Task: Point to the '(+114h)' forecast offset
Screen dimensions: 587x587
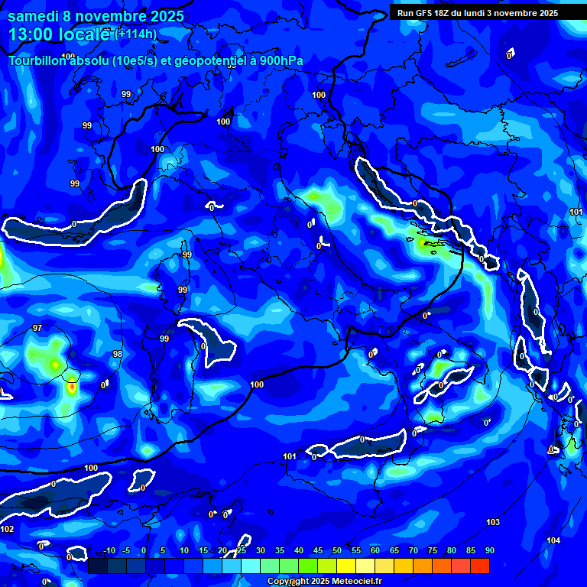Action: (136, 34)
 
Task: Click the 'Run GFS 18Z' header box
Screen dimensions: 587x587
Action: (477, 13)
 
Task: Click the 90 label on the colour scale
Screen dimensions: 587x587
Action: (489, 551)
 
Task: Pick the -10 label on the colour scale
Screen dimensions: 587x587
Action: (109, 551)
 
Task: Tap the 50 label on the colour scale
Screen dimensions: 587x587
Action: (336, 551)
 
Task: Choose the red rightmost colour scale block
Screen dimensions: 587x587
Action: (479, 566)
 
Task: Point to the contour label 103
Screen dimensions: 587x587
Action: (493, 522)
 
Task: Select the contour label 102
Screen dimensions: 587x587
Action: (8, 529)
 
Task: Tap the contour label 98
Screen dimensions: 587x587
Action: (117, 354)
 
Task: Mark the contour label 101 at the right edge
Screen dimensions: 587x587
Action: (576, 212)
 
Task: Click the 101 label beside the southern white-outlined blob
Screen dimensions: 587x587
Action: (290, 456)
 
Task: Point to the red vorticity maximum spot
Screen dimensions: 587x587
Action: (72, 387)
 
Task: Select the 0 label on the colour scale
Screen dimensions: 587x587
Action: (144, 551)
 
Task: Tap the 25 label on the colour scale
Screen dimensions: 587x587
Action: (242, 551)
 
